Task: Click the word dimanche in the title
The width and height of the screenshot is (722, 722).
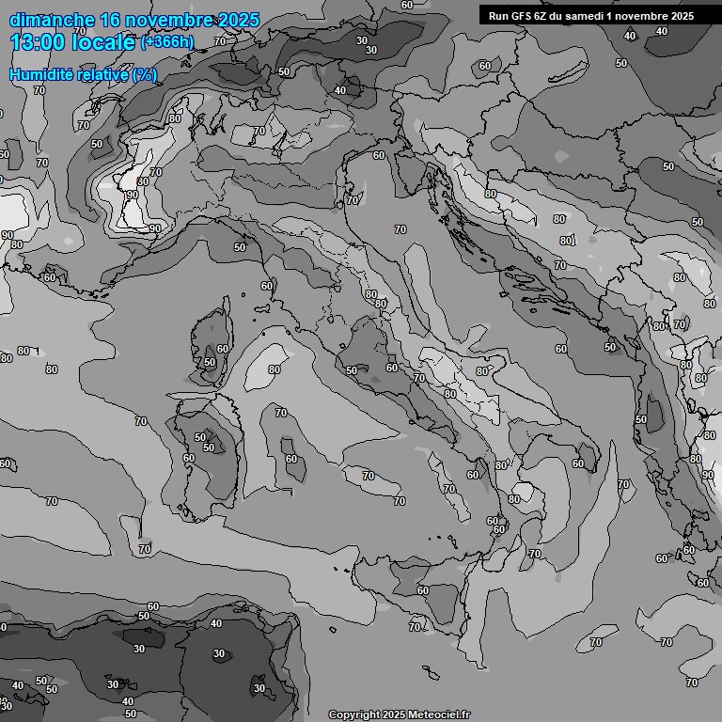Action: pos(52,20)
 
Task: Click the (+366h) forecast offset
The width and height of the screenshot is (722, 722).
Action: pos(166,42)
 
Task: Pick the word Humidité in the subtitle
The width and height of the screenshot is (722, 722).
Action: pos(42,74)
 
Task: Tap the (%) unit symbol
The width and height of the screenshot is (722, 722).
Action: pos(145,74)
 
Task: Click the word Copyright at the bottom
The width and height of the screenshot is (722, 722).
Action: pos(354,715)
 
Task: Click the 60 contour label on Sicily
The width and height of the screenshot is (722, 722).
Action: pos(423,590)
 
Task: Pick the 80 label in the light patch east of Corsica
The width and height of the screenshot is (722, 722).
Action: pos(274,369)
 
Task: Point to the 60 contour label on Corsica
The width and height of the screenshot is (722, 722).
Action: pos(222,349)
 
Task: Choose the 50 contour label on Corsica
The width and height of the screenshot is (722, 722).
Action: pos(210,362)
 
